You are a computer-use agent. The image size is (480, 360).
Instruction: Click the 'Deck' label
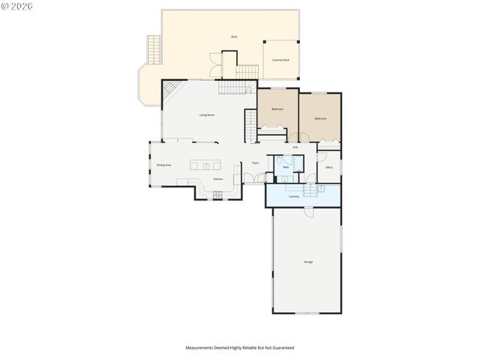234,37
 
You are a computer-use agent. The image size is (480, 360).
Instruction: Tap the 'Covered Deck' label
281,60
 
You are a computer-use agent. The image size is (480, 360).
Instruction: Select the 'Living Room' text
207,115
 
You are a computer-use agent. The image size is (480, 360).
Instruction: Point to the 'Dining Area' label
163,164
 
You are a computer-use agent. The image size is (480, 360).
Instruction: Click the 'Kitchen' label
218,179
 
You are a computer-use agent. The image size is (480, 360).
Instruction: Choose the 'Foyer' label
255,162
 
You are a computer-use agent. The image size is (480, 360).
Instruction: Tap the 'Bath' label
286,166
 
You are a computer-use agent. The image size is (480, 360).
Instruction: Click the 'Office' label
328,167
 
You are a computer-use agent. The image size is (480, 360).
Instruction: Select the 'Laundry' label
294,196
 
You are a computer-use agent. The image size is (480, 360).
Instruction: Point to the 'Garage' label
308,262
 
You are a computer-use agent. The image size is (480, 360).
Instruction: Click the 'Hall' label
295,148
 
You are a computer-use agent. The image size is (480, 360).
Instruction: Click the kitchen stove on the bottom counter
218,195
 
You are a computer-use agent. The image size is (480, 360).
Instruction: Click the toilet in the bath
280,160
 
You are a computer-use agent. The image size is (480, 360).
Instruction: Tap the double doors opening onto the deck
216,68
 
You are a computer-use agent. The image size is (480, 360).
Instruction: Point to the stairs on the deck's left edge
154,50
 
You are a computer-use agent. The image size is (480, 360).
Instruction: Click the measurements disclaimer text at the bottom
240,348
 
